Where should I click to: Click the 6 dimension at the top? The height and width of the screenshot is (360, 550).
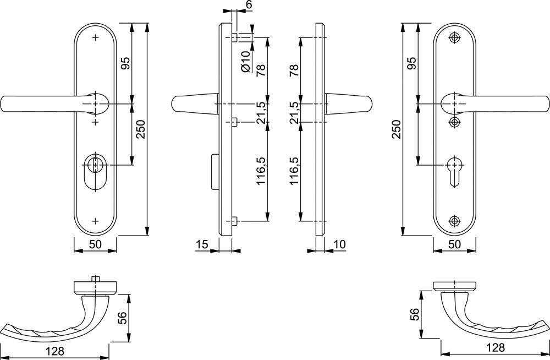tap(249, 4)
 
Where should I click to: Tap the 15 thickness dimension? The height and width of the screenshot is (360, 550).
tap(202, 244)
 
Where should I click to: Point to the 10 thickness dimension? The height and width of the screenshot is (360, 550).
tap(340, 244)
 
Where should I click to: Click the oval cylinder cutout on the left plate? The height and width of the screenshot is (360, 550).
tap(95, 172)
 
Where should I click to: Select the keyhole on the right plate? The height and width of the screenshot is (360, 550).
tap(455, 170)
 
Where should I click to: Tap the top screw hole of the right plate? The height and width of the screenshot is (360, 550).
tap(455, 37)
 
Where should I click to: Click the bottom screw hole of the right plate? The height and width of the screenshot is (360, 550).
tap(455, 221)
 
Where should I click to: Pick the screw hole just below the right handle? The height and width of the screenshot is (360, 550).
tap(455, 122)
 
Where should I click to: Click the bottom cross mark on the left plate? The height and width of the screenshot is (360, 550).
tap(95, 221)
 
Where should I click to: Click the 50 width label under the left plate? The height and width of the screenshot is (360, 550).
tap(95, 244)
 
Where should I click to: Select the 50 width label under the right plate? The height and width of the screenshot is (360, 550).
tap(455, 244)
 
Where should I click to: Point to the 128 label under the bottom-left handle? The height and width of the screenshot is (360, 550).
tap(54, 351)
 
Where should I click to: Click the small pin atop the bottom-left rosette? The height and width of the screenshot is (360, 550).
tap(94, 279)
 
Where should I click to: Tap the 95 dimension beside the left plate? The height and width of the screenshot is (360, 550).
tap(125, 63)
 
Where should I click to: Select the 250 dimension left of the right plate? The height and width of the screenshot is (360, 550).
tap(396, 129)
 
